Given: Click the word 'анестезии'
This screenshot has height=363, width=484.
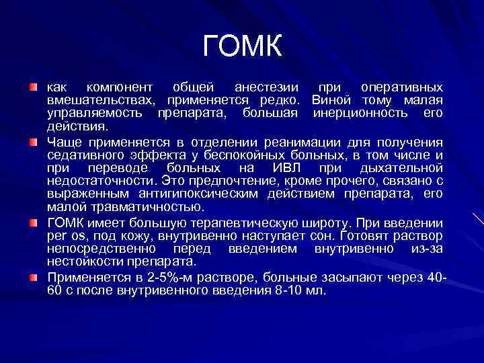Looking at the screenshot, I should pyautogui.click(x=264, y=88).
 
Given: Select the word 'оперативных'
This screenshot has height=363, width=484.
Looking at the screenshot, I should pyautogui.click(x=402, y=88).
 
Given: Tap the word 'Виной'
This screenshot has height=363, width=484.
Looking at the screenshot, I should pyautogui.click(x=330, y=100).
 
